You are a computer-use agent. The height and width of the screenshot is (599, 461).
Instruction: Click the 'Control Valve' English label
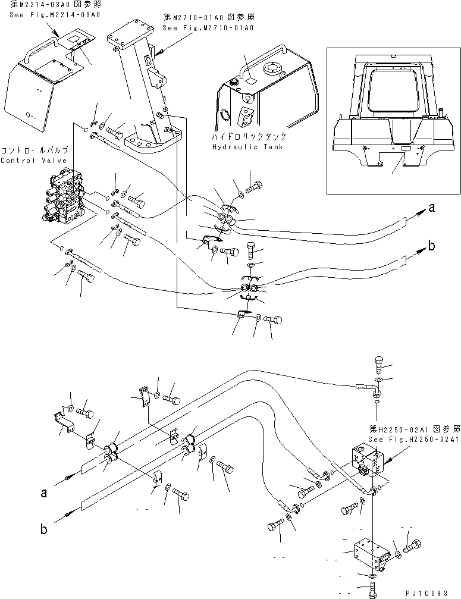[26, 160]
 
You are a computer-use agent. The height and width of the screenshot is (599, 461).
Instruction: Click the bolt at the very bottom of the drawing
[371, 589]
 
